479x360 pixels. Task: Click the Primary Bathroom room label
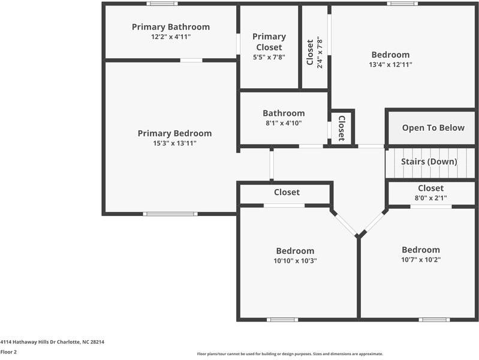(x=171, y=27)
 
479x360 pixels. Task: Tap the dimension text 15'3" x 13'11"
(x=174, y=143)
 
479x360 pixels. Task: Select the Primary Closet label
(x=269, y=42)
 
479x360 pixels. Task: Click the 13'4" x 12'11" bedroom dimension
(x=390, y=65)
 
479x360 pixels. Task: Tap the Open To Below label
(x=433, y=128)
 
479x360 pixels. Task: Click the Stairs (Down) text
(x=429, y=162)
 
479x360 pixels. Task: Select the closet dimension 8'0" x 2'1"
(x=431, y=198)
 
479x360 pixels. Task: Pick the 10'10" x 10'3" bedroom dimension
(x=295, y=261)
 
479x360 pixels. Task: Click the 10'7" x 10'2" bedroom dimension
(x=420, y=260)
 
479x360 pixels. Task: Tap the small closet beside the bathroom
(x=341, y=128)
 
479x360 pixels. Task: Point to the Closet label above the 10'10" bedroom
(x=287, y=193)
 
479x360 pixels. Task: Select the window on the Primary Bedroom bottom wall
(x=170, y=214)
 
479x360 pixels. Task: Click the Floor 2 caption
(x=8, y=352)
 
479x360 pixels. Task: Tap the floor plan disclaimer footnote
(x=290, y=354)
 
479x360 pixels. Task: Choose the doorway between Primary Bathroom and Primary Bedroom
(x=191, y=60)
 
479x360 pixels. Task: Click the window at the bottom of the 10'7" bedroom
(x=434, y=319)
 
